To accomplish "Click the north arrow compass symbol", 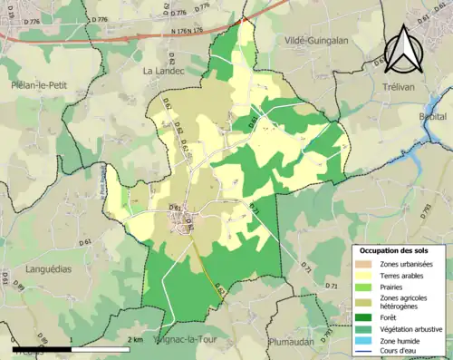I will point(405,45).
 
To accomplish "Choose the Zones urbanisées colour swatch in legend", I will point(366,264).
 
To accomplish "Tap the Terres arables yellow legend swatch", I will point(366,277).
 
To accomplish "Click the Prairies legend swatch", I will point(366,289).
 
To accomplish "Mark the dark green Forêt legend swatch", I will point(366,317).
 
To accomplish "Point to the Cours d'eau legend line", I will point(366,354).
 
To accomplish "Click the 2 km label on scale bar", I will point(136,338).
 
